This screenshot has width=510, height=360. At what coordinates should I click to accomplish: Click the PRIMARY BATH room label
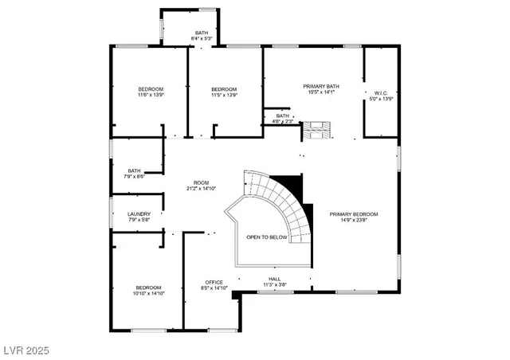coord(321,86)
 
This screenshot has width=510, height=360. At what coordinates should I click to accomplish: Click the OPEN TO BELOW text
coord(266,237)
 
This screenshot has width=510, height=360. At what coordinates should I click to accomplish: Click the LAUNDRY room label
coord(139,213)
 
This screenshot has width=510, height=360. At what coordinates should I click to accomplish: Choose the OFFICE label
coord(213,282)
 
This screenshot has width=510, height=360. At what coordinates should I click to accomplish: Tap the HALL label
coord(274,279)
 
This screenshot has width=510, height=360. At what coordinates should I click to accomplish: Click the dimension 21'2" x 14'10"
coord(201,189)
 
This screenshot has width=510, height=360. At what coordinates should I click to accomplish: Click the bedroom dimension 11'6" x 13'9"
coord(151,95)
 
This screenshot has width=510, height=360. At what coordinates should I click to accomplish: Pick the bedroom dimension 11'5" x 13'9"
coord(224,95)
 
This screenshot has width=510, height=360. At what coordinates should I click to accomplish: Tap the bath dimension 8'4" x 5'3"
coord(202,38)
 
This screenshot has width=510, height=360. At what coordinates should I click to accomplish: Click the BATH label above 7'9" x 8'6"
coord(134,170)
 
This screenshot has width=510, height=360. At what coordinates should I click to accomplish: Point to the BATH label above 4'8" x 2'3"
coord(283,115)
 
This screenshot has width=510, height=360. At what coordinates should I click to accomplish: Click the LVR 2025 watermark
coord(26,349)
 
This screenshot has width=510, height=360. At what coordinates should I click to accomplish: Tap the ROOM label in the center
coord(201,182)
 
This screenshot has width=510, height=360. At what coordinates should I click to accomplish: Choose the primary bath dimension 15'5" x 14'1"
coord(321,92)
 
